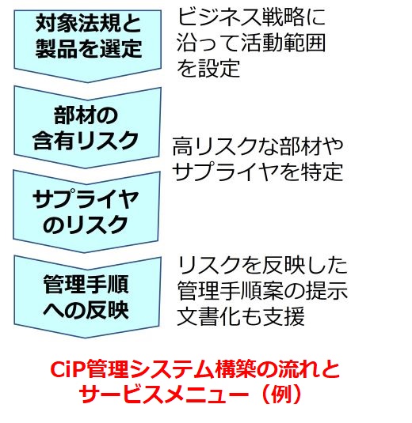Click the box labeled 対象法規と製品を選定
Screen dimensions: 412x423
88,44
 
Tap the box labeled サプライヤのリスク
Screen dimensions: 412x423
86,212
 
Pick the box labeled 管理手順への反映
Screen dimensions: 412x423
87,296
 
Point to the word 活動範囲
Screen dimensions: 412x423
283,43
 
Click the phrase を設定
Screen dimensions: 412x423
208,68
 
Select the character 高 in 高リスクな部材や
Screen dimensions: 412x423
183,147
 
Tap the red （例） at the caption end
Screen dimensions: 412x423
281,394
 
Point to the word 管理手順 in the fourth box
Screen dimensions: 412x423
86,285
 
